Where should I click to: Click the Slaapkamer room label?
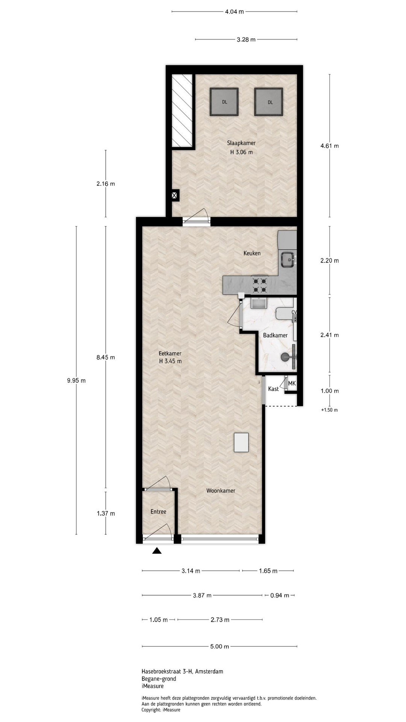pyautogui.click(x=241, y=143)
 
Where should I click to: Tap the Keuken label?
pyautogui.click(x=252, y=253)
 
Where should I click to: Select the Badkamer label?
pyautogui.click(x=275, y=335)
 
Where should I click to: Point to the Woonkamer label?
pyautogui.click(x=221, y=491)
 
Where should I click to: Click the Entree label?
pyautogui.click(x=158, y=511)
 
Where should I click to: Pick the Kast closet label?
pyautogui.click(x=273, y=389)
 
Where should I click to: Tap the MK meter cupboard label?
pyautogui.click(x=292, y=384)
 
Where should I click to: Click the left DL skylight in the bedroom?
pyautogui.click(x=224, y=102)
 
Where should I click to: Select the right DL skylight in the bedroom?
pyautogui.click(x=268, y=102)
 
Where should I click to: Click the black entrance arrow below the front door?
pyautogui.click(x=157, y=551)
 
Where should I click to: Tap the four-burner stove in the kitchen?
pyautogui.click(x=260, y=285)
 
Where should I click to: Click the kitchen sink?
pyautogui.click(x=288, y=259)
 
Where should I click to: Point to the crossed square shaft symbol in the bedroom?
pyautogui.click(x=174, y=196)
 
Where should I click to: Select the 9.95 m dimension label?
pyautogui.click(x=76, y=381)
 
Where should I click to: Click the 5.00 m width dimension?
pyautogui.click(x=220, y=646)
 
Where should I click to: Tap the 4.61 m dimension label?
pyautogui.click(x=330, y=146)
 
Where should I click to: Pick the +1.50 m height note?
pyautogui.click(x=329, y=410)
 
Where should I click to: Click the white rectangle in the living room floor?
pyautogui.click(x=241, y=442)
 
